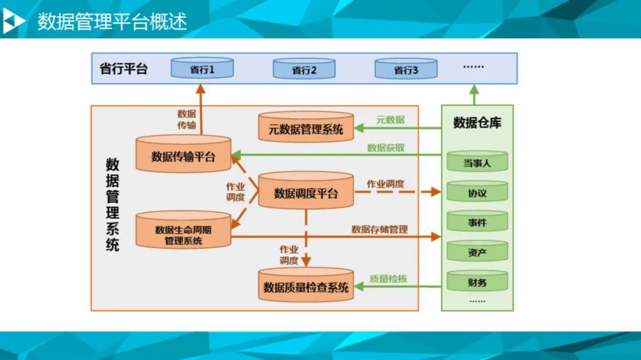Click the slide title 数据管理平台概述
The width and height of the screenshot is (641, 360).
tap(112, 21)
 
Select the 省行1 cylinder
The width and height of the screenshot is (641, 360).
tap(202, 69)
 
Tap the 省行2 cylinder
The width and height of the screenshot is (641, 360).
tap(304, 69)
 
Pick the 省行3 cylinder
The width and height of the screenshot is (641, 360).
tap(406, 69)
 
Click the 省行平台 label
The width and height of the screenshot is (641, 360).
tap(123, 69)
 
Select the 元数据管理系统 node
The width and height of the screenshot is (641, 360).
tap(306, 128)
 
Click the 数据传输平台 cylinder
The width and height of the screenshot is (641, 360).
tap(183, 156)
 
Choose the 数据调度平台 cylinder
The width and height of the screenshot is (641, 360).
tap(306, 193)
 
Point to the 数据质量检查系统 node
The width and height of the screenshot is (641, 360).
tap(306, 287)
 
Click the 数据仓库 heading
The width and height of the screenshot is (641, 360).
tap(477, 123)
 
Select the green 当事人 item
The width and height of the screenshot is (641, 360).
tap(477, 162)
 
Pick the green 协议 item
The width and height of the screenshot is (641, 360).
tap(477, 193)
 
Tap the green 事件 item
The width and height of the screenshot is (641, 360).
tap(477, 223)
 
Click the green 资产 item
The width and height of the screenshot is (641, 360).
tap(477, 253)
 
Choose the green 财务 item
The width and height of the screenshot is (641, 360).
tap(477, 282)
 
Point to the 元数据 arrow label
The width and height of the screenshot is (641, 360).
tap(390, 120)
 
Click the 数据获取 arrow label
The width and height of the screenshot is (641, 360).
tap(386, 148)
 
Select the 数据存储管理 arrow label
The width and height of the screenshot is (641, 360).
tap(379, 229)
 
